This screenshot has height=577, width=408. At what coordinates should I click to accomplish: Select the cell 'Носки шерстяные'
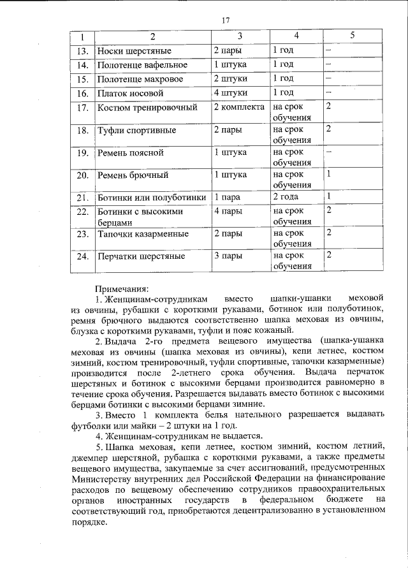133,50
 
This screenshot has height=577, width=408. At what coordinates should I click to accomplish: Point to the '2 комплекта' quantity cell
238,106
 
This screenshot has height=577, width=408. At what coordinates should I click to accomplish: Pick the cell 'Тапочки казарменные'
141,234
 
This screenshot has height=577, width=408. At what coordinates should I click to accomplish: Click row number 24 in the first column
82,257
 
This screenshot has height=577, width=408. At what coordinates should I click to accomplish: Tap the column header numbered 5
352,35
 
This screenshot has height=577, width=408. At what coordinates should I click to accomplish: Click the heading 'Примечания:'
122,288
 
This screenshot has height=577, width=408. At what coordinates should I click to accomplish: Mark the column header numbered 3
239,36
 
